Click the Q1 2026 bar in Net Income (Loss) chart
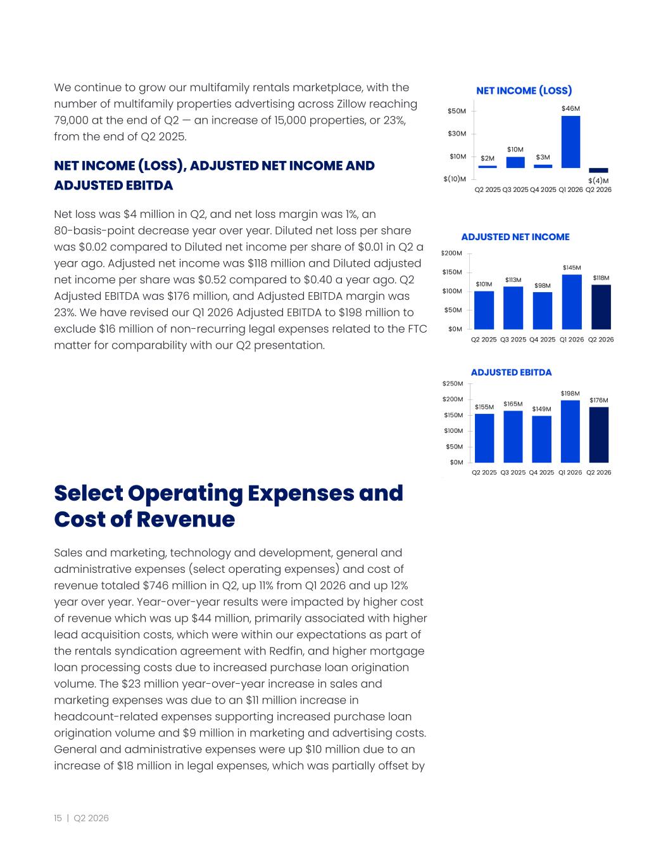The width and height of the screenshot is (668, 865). [x=570, y=142]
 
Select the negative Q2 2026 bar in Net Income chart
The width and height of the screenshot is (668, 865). [x=598, y=170]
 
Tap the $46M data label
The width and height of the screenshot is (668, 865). [x=570, y=108]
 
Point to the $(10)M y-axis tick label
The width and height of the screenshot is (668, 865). [x=455, y=179]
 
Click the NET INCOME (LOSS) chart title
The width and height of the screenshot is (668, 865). [x=524, y=91]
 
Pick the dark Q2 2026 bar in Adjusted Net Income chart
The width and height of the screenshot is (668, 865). [x=602, y=307]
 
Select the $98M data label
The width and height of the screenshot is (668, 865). [x=543, y=285]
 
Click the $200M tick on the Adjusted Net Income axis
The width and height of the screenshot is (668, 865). [x=451, y=253]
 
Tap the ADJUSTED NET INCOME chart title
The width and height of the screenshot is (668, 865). [x=515, y=237]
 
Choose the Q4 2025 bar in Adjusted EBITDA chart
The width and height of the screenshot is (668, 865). [x=541, y=439]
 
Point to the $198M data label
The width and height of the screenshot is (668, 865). [x=570, y=394]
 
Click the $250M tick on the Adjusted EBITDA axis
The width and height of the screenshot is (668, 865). [x=453, y=384]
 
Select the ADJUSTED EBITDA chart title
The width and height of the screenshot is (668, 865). [x=512, y=373]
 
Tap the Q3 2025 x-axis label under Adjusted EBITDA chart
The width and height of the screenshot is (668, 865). [x=513, y=473]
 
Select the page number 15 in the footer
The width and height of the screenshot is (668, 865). [x=58, y=818]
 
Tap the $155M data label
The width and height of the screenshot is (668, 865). [x=484, y=407]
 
